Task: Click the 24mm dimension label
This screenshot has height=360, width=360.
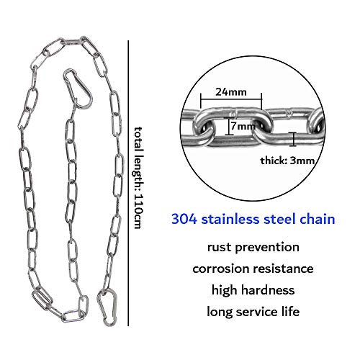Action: pos(231,92)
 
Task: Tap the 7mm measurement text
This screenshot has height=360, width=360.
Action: pos(243,126)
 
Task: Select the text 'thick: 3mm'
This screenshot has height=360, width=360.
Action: pos(287,161)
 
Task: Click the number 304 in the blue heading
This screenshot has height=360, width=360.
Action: pos(184,219)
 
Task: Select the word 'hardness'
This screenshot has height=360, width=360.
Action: pos(268,290)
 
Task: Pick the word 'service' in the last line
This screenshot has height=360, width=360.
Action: pos(257,312)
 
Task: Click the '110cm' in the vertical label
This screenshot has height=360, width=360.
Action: pos(138,211)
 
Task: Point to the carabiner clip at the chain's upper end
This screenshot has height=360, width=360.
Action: pos(78,88)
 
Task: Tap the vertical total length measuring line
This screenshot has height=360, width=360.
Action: pos(128,184)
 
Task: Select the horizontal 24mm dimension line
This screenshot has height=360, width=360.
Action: pos(231,99)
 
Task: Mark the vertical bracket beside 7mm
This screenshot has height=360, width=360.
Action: pos(229,127)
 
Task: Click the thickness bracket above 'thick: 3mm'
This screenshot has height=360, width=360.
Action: pos(292,139)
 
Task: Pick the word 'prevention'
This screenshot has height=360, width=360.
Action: pos(267,248)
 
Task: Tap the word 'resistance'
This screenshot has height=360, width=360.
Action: pos(284,269)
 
